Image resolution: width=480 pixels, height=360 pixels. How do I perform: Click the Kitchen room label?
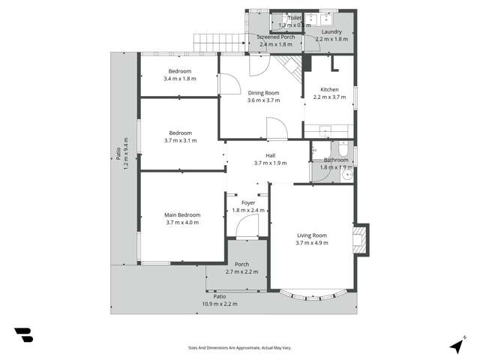coord(330,89)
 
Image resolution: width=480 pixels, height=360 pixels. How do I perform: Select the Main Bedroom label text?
coord(183,215)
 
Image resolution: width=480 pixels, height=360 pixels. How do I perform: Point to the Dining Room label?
coord(263,93)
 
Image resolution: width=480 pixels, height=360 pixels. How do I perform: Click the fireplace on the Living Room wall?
coord(361,241)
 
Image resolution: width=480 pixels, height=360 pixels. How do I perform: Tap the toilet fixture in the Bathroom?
coord(342,151)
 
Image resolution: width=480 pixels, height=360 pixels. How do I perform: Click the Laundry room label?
coord(331,32)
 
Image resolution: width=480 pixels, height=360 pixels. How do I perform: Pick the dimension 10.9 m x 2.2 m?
coord(219,304)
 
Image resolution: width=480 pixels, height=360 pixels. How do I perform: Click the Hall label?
coord(270,155)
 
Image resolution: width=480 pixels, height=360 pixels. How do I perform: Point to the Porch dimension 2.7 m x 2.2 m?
coord(241,271)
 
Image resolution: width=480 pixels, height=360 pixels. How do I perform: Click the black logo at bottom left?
coord(23,335)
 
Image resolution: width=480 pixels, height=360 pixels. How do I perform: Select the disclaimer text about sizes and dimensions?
coord(239,347)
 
